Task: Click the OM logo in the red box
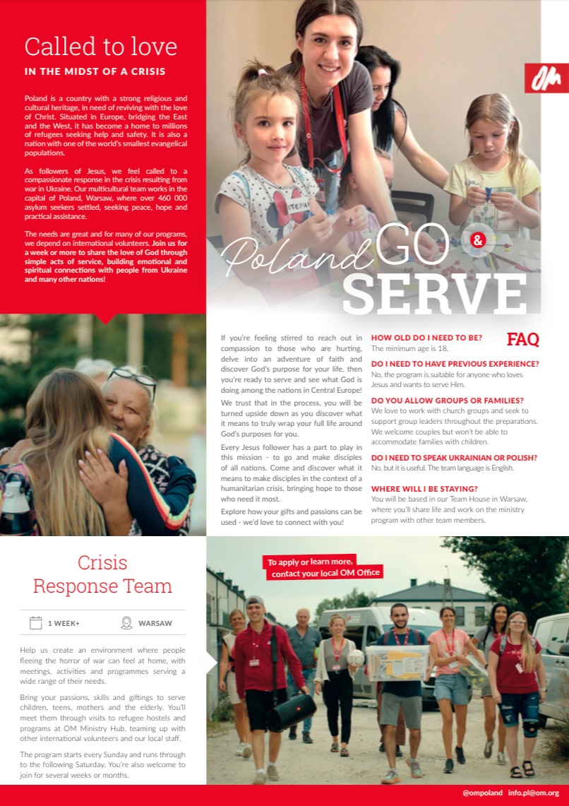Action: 546,78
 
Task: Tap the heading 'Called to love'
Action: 100,47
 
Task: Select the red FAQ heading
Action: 522,339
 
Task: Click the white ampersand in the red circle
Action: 478,240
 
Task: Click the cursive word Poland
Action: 297,256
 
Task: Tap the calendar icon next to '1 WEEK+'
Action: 36,623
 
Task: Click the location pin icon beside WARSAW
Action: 126,623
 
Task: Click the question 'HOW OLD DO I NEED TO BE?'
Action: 426,338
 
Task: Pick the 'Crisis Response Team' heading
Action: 103,574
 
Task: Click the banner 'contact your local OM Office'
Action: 325,573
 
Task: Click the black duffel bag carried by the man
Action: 291,711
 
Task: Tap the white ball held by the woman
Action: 355,658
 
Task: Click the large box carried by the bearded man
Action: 397,663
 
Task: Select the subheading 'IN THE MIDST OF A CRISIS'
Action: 95,71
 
